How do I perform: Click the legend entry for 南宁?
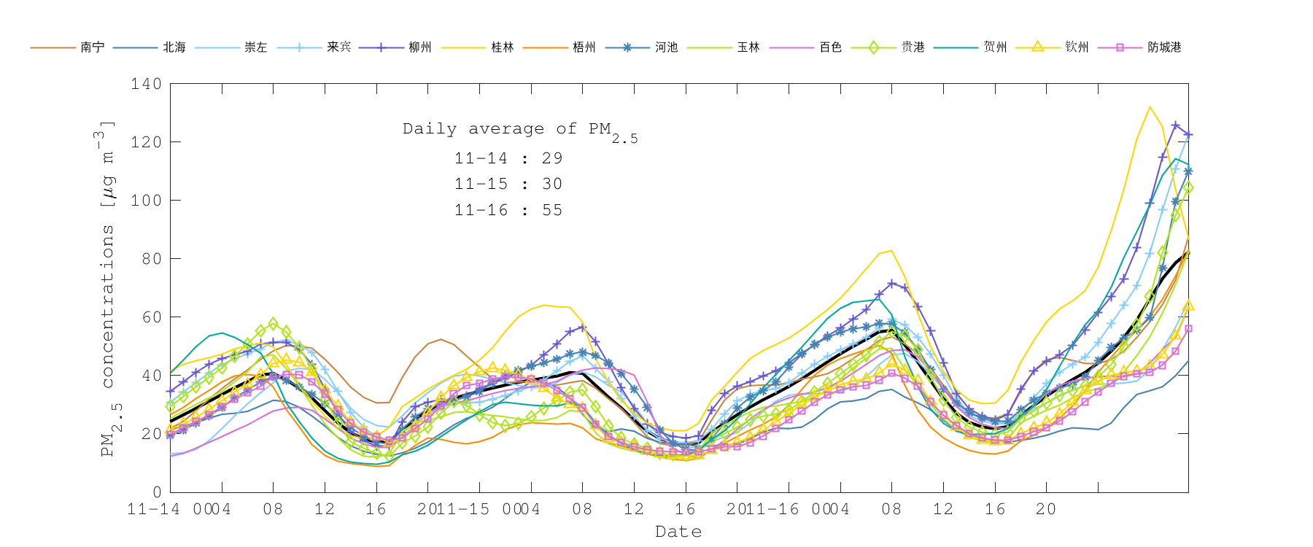[93, 47]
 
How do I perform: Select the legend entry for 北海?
[174, 47]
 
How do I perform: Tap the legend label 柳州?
[420, 47]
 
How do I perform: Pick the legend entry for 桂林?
[503, 47]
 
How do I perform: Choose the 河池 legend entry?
[666, 47]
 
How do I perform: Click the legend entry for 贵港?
[913, 47]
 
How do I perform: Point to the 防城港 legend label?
[1164, 47]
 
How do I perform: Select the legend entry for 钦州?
[1077, 47]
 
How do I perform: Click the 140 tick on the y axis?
[146, 84]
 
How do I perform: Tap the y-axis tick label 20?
[151, 434]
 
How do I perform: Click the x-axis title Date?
[678, 532]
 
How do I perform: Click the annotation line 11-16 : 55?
[508, 211]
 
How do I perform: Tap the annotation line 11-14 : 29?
[508, 158]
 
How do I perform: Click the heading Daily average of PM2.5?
[519, 131]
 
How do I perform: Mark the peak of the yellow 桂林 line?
[1150, 107]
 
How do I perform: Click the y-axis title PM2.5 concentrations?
[108, 288]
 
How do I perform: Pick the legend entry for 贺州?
[995, 47]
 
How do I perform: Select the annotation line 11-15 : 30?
[508, 185]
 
